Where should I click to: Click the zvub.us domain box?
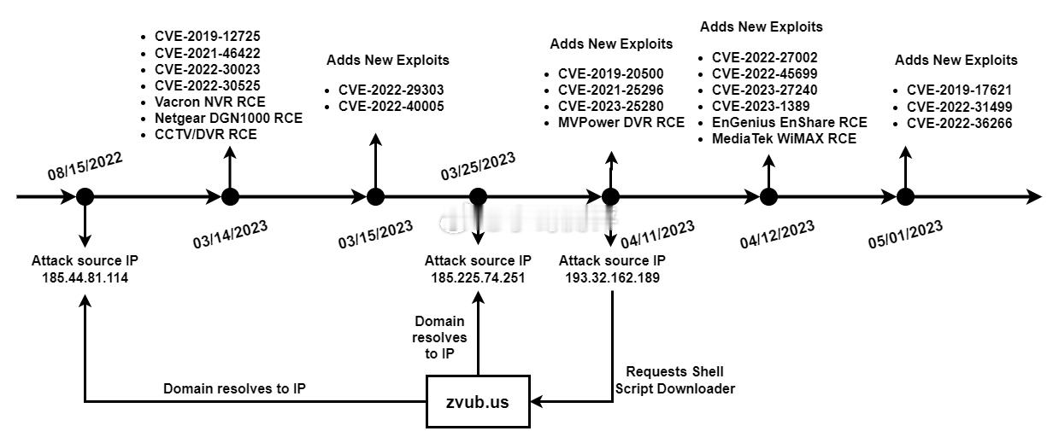[478, 402]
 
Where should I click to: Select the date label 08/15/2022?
[85, 166]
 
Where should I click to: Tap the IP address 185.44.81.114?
[85, 277]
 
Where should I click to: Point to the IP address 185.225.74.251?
[478, 277]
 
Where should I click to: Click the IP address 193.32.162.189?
[612, 277]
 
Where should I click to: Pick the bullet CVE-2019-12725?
[207, 37]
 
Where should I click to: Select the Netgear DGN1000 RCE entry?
[228, 118]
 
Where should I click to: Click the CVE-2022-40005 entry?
[391, 106]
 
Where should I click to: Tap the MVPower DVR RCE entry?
[621, 123]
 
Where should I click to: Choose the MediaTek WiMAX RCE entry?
[785, 139]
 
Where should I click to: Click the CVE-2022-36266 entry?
[959, 123]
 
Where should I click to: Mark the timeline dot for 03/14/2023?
[230, 197]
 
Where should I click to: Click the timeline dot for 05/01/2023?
[905, 197]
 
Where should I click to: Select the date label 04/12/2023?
[777, 234]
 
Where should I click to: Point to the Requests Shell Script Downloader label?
[675, 381]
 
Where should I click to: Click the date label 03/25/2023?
[478, 166]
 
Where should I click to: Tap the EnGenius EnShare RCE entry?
[790, 123]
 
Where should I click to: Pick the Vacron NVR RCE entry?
[210, 102]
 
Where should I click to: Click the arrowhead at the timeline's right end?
[1034, 197]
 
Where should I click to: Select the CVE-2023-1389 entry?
[761, 106]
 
